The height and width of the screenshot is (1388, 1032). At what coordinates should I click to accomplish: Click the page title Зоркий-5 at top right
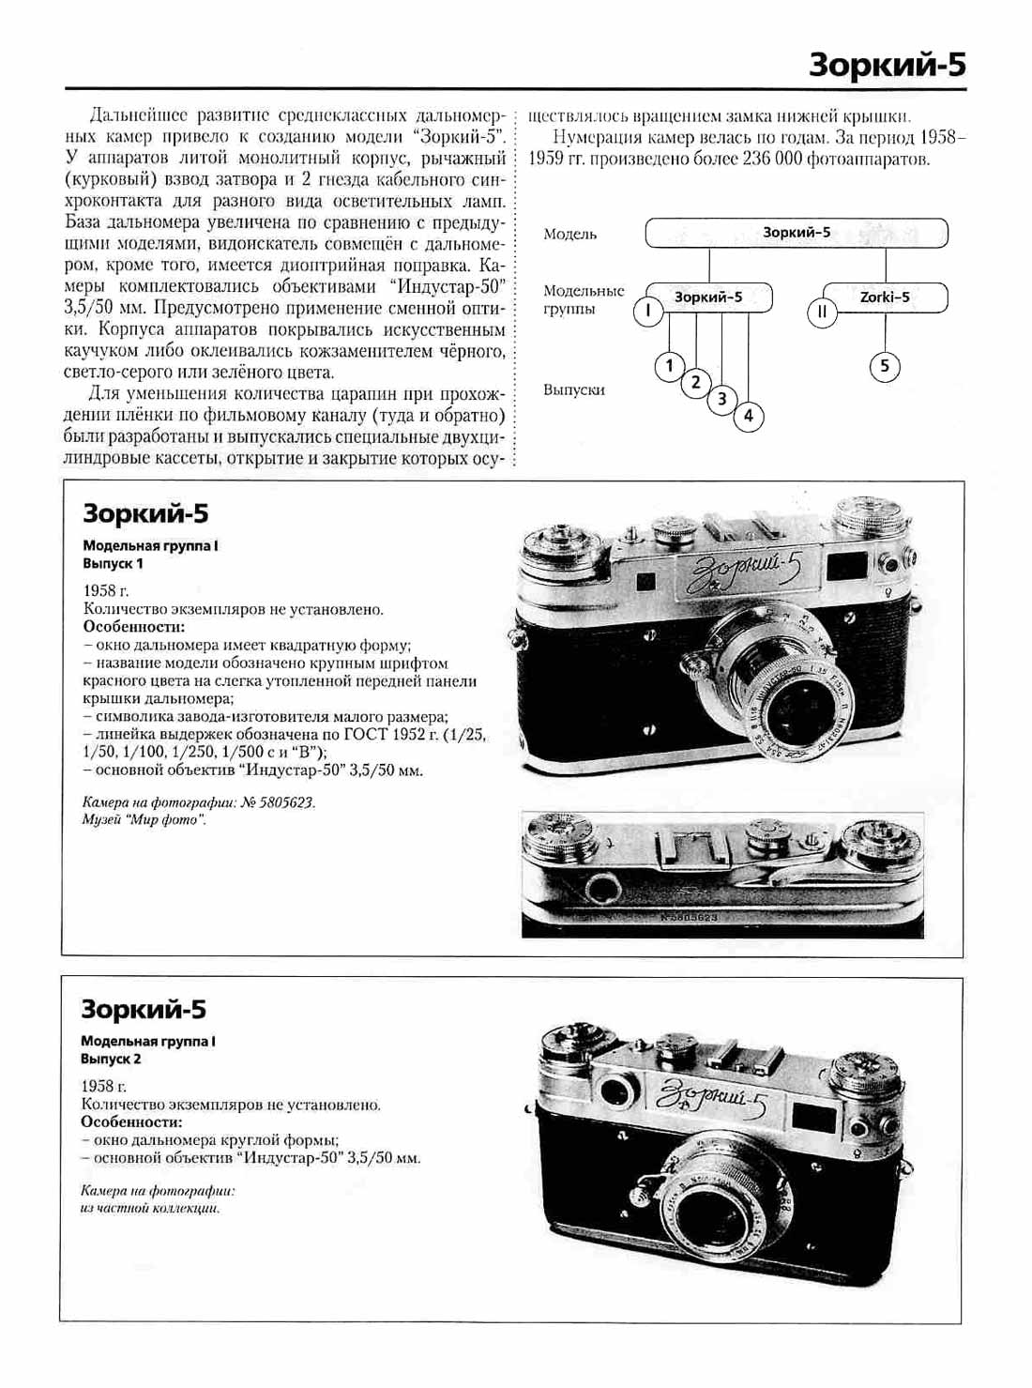tap(887, 65)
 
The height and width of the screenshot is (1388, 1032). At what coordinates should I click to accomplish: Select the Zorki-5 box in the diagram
tap(885, 297)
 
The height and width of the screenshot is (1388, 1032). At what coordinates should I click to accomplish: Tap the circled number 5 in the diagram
tap(884, 365)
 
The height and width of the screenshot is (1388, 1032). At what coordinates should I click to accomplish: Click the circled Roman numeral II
tap(822, 312)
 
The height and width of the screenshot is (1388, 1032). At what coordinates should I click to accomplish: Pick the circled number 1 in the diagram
tap(669, 365)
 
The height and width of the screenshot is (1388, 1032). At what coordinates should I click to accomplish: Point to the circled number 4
tap(748, 416)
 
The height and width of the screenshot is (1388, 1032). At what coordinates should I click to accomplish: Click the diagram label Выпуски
tap(573, 389)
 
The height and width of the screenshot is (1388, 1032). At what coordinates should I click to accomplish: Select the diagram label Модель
tap(569, 234)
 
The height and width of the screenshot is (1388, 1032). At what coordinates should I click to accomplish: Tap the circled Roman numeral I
tap(648, 311)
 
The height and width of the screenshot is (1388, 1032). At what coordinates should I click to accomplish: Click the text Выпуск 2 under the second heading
tap(111, 1059)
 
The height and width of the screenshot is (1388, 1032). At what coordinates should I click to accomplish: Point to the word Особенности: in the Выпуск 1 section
tap(134, 627)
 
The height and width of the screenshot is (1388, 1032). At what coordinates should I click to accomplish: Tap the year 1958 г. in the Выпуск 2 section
tap(104, 1086)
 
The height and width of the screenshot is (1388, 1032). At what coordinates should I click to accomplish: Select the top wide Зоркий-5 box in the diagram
tap(796, 233)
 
